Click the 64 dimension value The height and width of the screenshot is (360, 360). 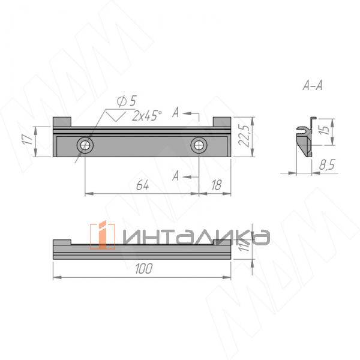tap(142, 185)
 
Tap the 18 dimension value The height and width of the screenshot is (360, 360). tap(217, 185)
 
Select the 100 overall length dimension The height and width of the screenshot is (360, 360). tap(144, 268)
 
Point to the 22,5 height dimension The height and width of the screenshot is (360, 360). tap(244, 136)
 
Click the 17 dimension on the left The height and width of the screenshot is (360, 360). tap(28, 140)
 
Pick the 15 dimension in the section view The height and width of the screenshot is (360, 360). tap(325, 130)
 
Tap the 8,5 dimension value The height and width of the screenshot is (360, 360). tap(327, 164)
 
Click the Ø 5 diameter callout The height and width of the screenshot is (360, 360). tap(127, 101)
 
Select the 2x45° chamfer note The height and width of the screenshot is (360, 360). tap(147, 115)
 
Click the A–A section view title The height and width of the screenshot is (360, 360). tap(313, 85)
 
